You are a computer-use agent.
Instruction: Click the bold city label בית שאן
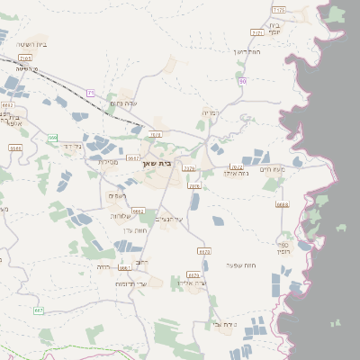pyautogui.click(x=157, y=163)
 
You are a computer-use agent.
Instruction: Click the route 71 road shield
pyautogui.click(x=90, y=93)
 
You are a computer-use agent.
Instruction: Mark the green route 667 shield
pyautogui.click(x=39, y=310)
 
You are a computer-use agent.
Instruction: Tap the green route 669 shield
pyautogui.click(x=54, y=138)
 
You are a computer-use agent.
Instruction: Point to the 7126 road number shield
pyautogui.click(x=278, y=9)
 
